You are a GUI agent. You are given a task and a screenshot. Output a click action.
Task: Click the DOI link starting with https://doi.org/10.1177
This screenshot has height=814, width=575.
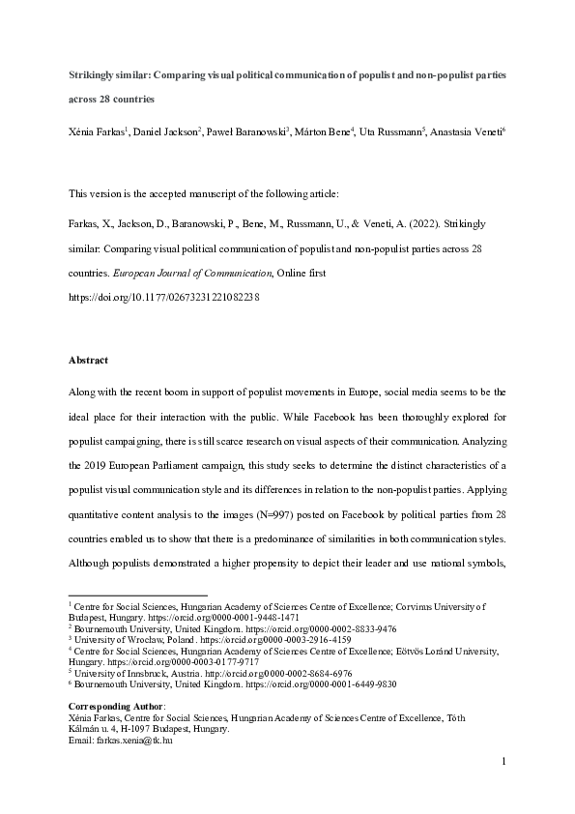163,298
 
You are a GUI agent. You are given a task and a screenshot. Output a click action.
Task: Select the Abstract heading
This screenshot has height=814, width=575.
88,360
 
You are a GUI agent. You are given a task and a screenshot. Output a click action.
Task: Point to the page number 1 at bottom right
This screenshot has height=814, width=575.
504,789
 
